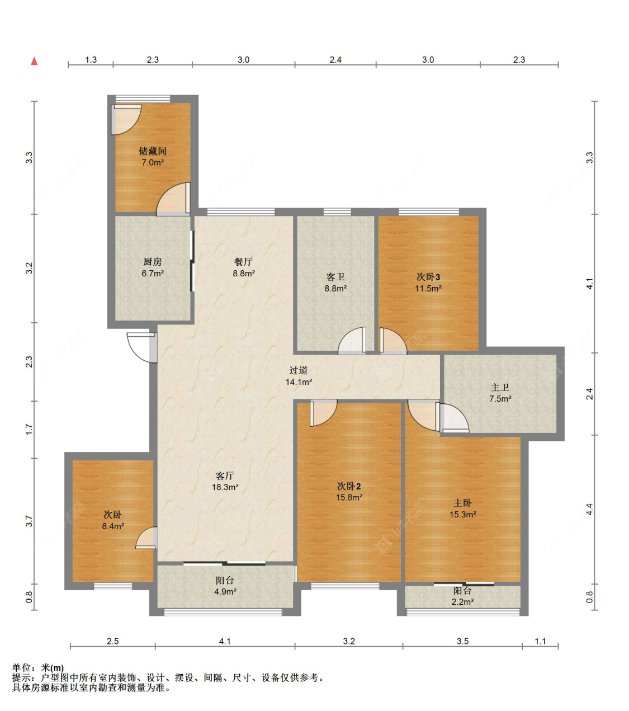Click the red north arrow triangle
tap(34, 61)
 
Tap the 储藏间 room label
tap(152, 151)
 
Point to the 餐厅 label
tap(243, 261)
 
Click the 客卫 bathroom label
tap(335, 277)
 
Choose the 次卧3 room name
tap(428, 277)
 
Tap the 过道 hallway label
tap(299, 370)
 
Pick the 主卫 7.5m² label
tap(500, 393)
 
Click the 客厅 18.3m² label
tap(225, 481)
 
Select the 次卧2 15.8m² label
tap(349, 492)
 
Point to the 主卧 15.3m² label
tap(462, 508)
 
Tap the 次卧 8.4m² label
tap(112, 520)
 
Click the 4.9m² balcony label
tap(225, 591)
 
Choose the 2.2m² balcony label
tap(462, 602)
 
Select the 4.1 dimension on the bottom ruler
tap(225, 641)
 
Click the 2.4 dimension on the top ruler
tap(335, 60)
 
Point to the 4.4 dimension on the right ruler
tap(590, 509)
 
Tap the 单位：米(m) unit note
tap(38, 667)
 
